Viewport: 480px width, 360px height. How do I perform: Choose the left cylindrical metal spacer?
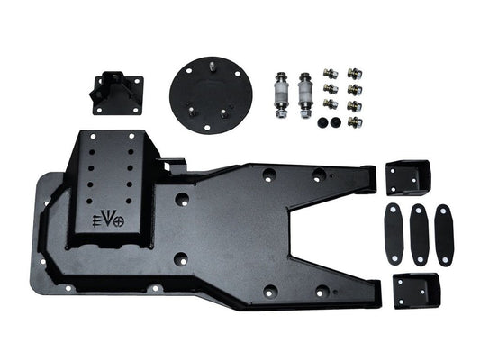click(282, 91)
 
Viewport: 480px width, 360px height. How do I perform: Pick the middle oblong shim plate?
click(419, 233)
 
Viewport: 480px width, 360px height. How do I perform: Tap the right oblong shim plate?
click(444, 233)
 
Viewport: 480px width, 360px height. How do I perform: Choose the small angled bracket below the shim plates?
click(416, 290)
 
